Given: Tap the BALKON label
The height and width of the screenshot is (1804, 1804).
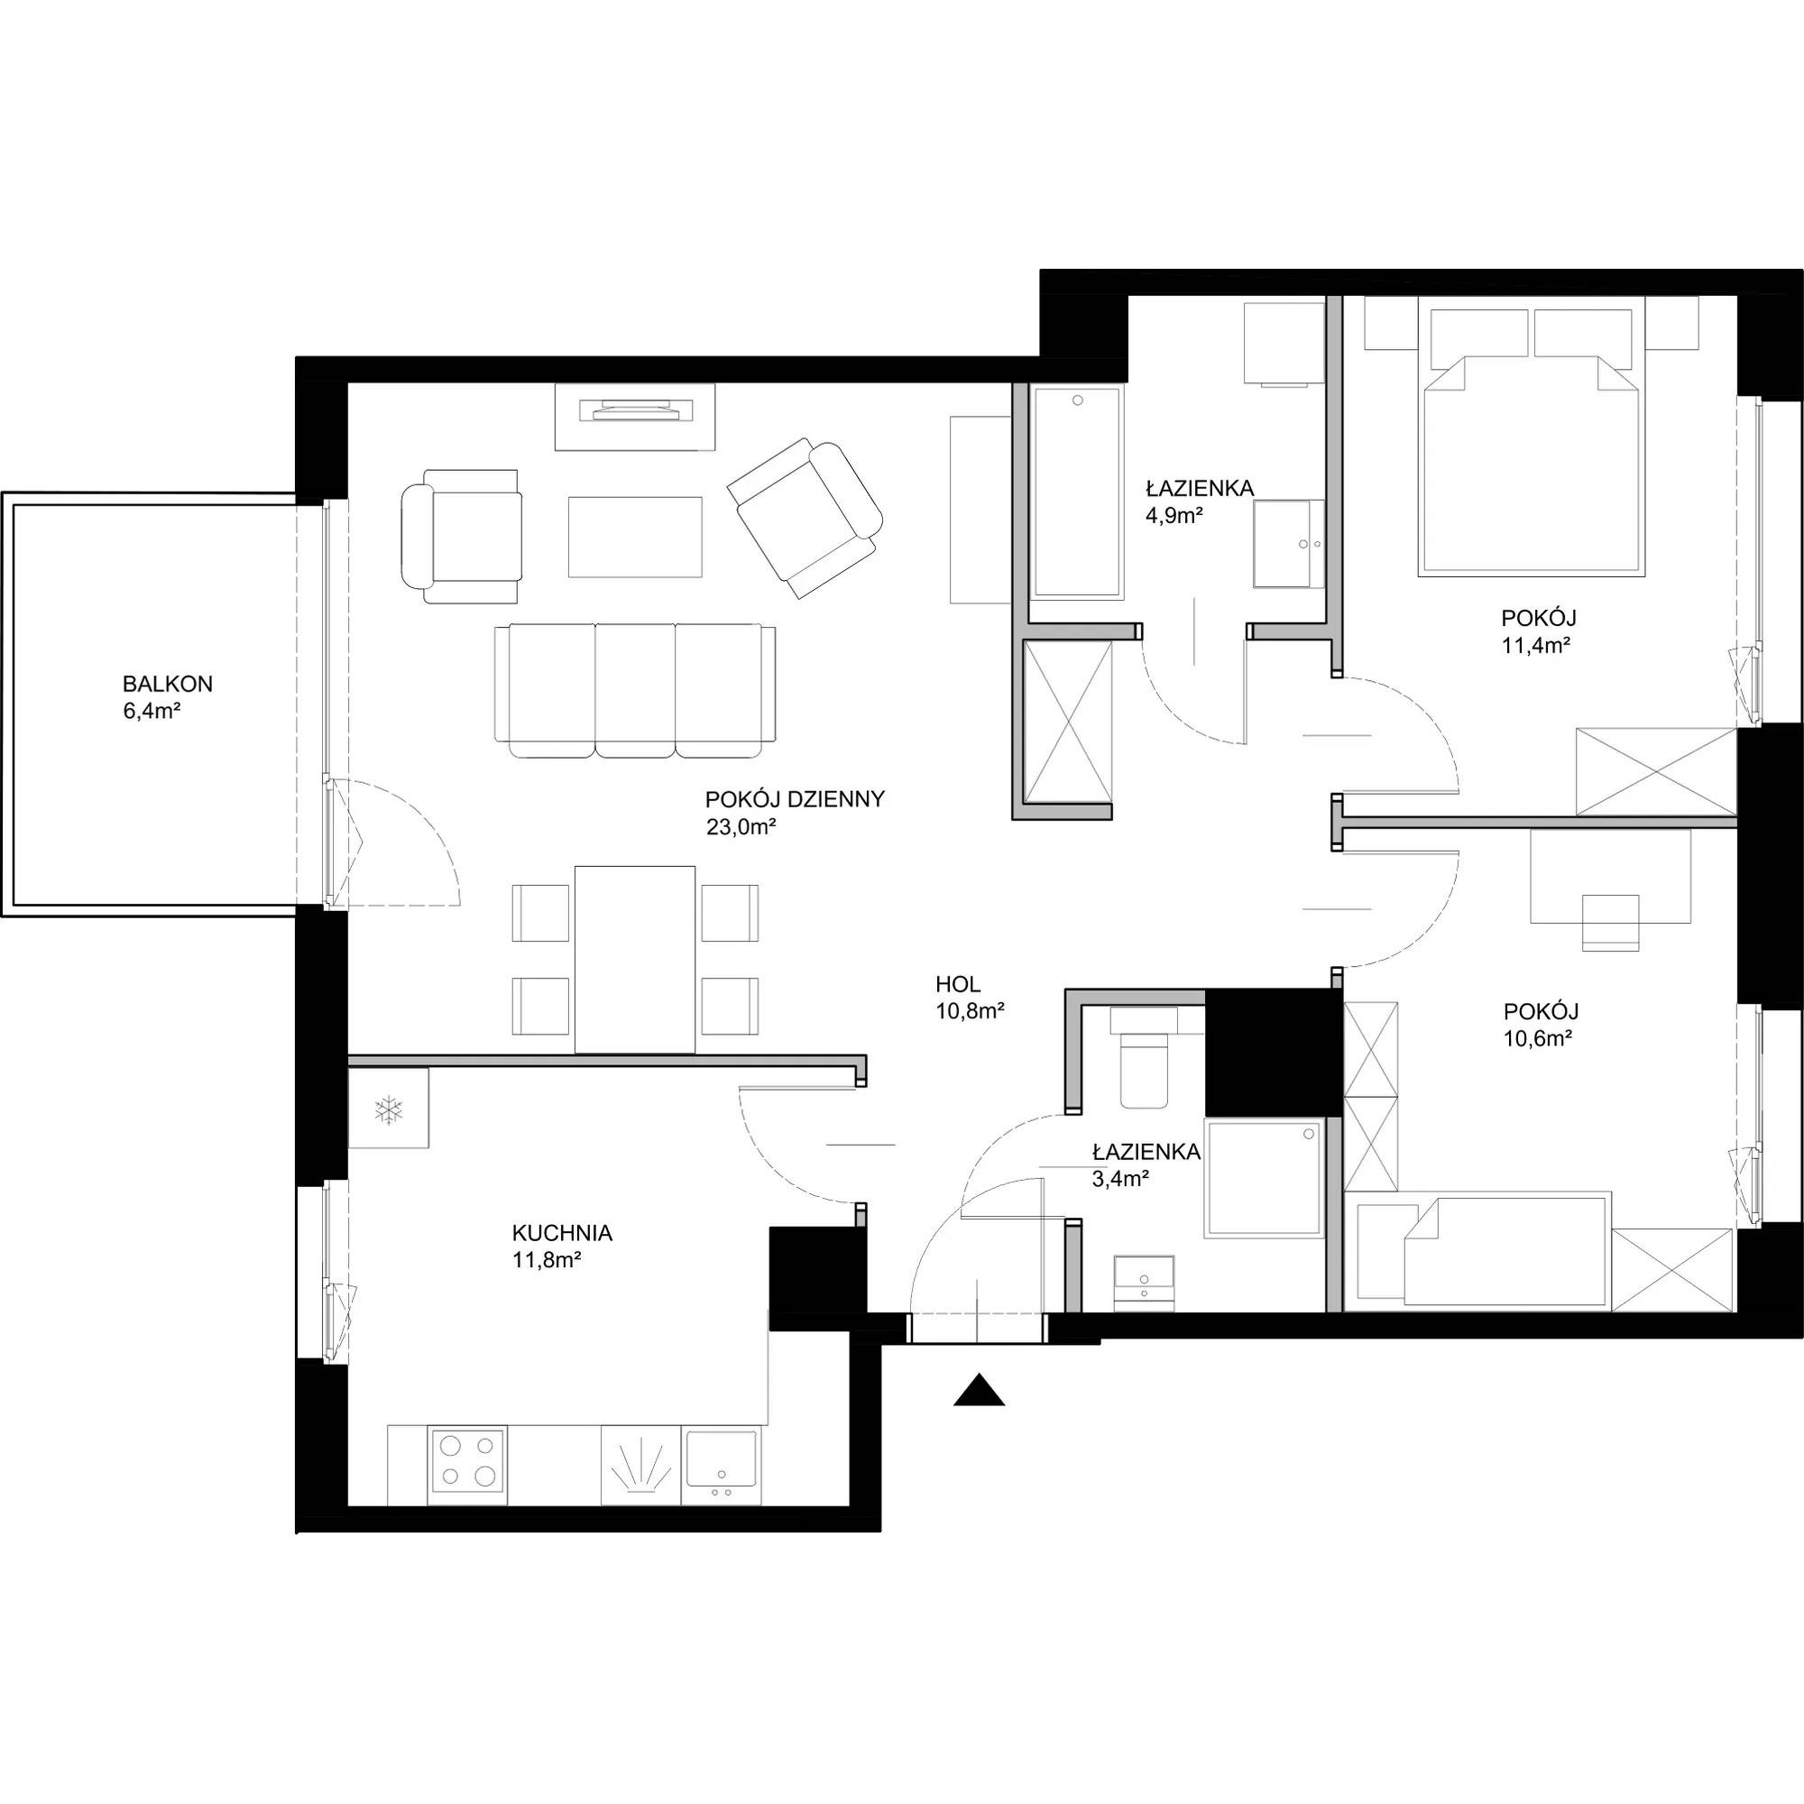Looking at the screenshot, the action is point(168,684).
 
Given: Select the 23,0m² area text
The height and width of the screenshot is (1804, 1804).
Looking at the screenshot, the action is point(741,826).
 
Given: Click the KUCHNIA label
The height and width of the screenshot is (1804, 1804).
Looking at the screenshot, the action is point(562,1233).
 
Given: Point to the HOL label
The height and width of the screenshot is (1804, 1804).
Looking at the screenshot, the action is point(958,983).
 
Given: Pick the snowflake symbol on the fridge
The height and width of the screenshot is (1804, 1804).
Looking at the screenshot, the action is point(388,1110).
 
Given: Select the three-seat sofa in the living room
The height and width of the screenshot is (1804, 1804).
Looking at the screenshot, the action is point(635,691).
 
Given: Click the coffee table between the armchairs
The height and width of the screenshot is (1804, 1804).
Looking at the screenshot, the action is point(635,537).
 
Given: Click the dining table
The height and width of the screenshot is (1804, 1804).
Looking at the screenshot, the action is point(635,959).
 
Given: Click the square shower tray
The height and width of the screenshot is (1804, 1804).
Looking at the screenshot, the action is point(1265,1179).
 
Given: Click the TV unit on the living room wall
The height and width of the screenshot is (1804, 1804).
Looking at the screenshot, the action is point(636,417).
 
